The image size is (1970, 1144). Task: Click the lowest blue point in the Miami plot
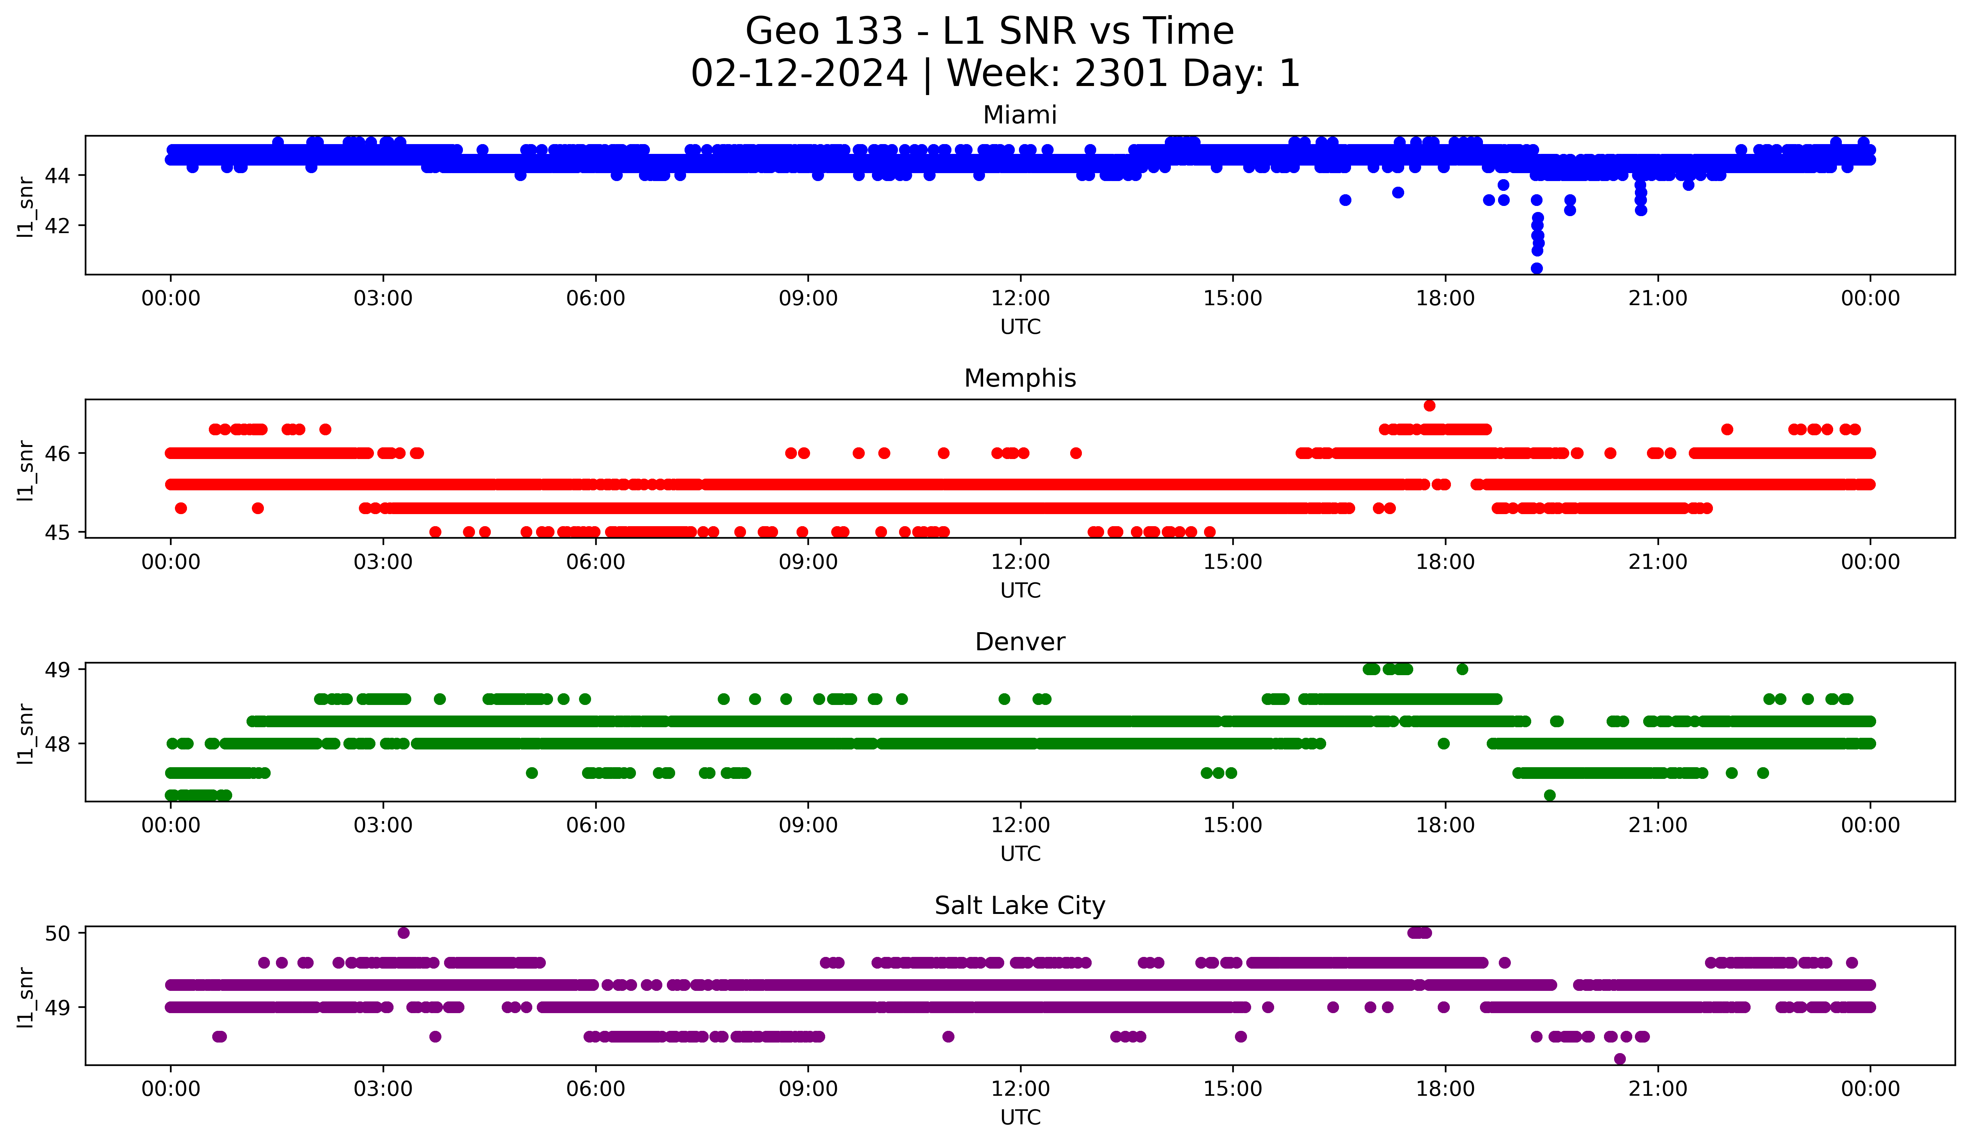coord(1536,268)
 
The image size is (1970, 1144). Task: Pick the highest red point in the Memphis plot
coord(1429,405)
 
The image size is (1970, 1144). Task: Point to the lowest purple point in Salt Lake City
coord(1620,1059)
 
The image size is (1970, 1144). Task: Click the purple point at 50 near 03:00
coord(403,933)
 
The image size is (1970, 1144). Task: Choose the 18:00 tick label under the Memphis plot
coord(1445,562)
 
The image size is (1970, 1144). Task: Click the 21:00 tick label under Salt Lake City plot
coord(1657,1089)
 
